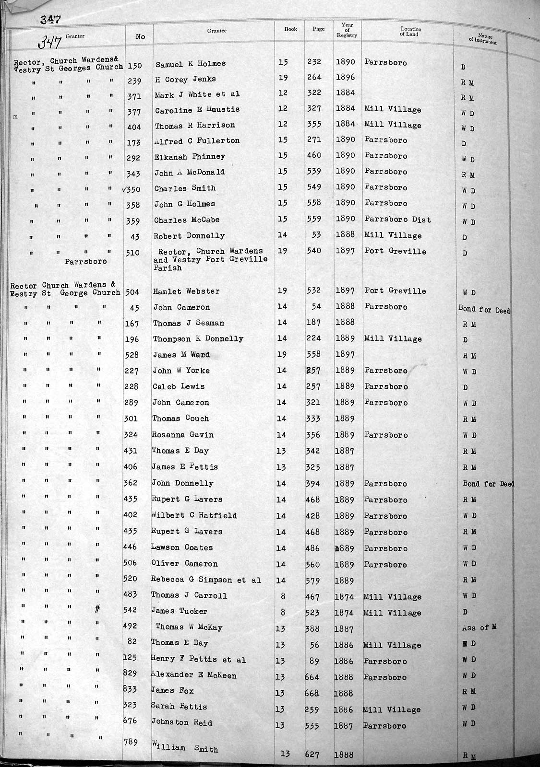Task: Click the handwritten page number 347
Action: coord(50,43)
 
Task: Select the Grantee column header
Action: coord(216,31)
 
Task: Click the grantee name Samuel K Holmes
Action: coord(190,63)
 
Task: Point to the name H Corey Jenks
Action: coord(185,79)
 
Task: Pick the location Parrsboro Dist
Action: coord(397,220)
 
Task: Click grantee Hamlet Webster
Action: coord(186,291)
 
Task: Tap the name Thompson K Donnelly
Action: coord(198,339)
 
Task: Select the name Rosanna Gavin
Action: coord(182,435)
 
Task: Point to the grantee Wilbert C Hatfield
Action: coord(194,516)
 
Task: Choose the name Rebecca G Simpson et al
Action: coord(206,580)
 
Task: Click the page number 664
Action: coord(312,677)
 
